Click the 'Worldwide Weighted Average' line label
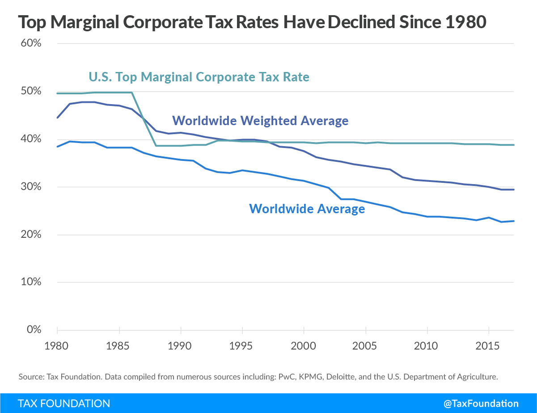[260, 121]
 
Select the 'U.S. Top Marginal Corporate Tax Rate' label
[199, 77]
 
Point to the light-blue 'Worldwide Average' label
[307, 208]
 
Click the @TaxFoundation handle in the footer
[481, 403]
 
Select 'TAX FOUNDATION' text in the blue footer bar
[64, 403]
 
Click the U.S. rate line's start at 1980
[57, 93]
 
